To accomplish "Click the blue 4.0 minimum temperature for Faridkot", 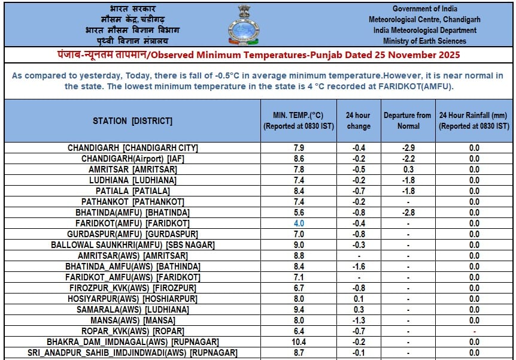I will pyautogui.click(x=299, y=223).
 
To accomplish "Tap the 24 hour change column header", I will pyautogui.click(x=359, y=120).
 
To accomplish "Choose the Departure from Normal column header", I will pyautogui.click(x=407, y=120).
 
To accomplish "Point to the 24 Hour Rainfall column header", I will pyautogui.click(x=473, y=120).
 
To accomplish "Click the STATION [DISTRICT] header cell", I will pyautogui.click(x=132, y=121).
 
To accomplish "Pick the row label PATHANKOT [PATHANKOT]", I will pyautogui.click(x=133, y=202).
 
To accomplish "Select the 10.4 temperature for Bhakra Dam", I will pyautogui.click(x=299, y=342).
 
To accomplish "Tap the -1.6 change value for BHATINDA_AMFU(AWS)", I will pyautogui.click(x=359, y=267).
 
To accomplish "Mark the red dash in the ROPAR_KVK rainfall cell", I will pyautogui.click(x=474, y=331).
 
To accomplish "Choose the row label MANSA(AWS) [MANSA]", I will pyautogui.click(x=133, y=320).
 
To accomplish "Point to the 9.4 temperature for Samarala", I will pyautogui.click(x=299, y=310).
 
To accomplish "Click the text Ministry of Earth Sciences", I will pyautogui.click(x=424, y=41).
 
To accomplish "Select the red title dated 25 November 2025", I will pyautogui.click(x=259, y=55).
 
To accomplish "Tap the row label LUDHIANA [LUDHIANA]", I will pyautogui.click(x=133, y=180).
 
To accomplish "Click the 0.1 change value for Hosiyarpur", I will pyautogui.click(x=359, y=299).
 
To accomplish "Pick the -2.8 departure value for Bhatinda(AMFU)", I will pyautogui.click(x=407, y=213).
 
